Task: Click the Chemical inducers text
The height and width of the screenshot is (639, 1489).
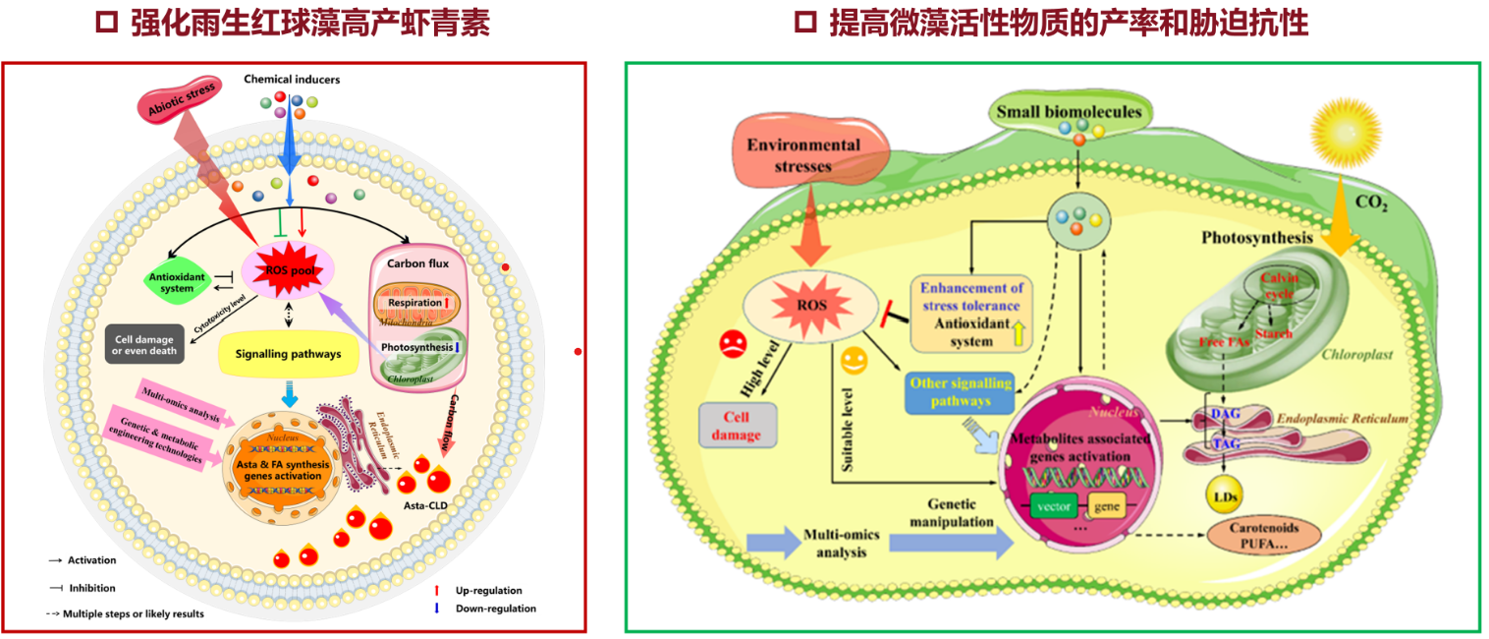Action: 292,79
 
